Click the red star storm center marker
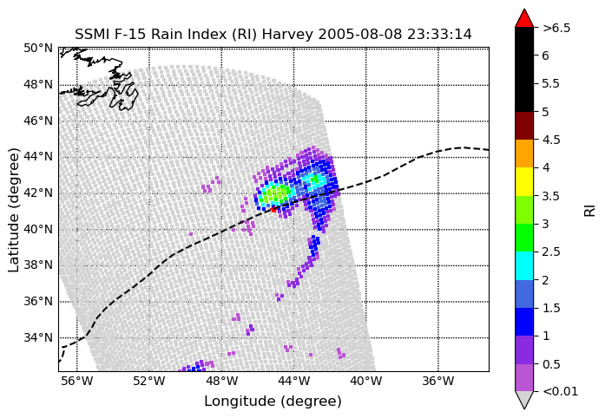click(273, 209)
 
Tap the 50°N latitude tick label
click(38, 49)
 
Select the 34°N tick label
click(38, 338)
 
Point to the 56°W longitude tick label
click(77, 382)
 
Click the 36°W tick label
click(438, 382)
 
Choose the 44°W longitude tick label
click(294, 382)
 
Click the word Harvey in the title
click(287, 35)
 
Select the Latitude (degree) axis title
click(14, 210)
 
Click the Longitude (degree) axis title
click(273, 402)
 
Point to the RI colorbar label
click(589, 211)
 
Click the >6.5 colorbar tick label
click(556, 28)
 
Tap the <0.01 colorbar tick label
click(560, 391)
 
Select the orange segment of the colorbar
click(524, 153)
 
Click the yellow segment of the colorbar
click(524, 181)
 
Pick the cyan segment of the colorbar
click(524, 265)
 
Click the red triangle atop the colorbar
click(524, 19)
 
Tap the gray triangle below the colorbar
click(524, 399)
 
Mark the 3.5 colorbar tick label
click(550, 196)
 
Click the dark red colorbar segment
click(524, 126)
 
